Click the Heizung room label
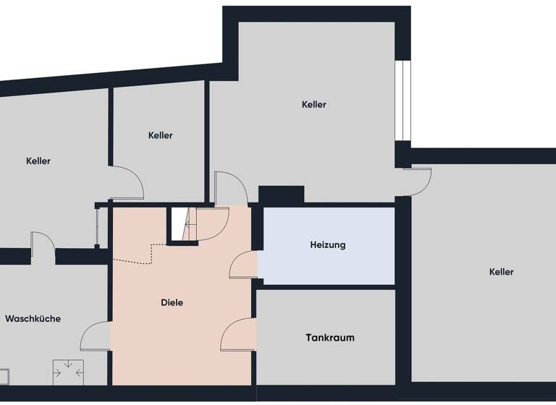tap(328, 245)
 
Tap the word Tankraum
tap(329, 338)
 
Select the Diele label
tap(172, 303)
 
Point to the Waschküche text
tap(33, 319)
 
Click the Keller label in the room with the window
tap(313, 105)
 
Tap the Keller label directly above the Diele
tap(160, 135)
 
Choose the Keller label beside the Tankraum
tap(501, 272)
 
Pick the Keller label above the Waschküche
tap(38, 161)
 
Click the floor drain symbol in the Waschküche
tap(68, 372)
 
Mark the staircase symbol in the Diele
tap(182, 225)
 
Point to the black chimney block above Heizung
tap(281, 195)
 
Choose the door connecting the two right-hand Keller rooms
tap(418, 180)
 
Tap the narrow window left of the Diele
tap(98, 226)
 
